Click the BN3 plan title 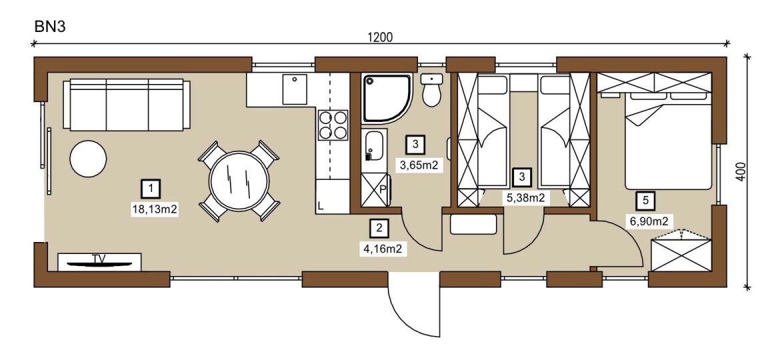point(50,27)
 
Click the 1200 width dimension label point(380,37)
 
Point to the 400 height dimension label point(741,172)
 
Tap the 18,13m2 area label point(155,210)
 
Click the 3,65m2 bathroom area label point(419,165)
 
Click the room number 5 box point(645,201)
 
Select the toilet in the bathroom point(431,89)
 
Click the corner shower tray point(387,98)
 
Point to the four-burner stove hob point(333,125)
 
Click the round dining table point(239,181)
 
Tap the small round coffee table point(88,158)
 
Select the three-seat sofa point(127,105)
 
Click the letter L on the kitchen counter point(321,205)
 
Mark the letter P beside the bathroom point(383,189)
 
